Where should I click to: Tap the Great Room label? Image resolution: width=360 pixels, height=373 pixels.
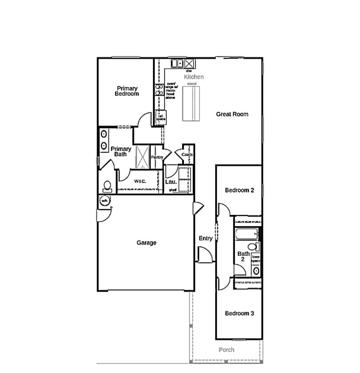(232, 114)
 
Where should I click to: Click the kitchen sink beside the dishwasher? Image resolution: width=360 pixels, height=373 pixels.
(177, 63)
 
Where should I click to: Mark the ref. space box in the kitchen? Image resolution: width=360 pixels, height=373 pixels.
(160, 118)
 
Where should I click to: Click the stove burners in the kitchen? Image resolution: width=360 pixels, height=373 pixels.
(159, 90)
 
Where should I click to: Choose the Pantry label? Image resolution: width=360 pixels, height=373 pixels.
(157, 157)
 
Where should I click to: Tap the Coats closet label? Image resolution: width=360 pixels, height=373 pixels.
(187, 155)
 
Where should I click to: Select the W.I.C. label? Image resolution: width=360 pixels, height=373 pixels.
(140, 181)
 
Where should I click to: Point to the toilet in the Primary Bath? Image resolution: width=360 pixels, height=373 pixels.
(107, 186)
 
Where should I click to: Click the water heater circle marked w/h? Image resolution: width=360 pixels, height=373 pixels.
(105, 201)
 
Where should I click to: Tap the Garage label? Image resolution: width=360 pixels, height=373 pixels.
(146, 243)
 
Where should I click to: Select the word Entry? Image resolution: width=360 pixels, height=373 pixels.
(205, 238)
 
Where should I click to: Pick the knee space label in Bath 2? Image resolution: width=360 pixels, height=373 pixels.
(256, 259)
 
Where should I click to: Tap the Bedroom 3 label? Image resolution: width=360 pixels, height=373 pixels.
(239, 313)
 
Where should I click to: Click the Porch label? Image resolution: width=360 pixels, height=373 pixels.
(226, 350)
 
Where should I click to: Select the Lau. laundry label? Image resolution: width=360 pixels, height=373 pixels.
(171, 182)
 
